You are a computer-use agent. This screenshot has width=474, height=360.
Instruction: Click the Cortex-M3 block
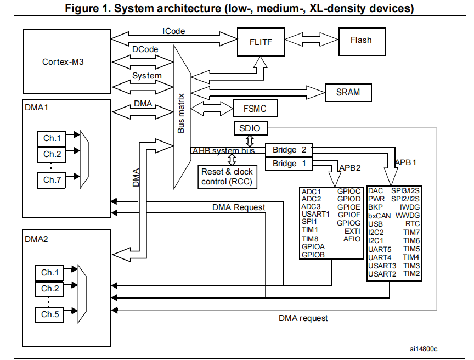(x=63, y=61)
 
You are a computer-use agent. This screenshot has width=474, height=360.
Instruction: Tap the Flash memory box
(x=360, y=40)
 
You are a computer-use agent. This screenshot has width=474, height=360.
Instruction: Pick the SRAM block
(x=348, y=92)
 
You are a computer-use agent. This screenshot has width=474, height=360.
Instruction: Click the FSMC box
(x=255, y=109)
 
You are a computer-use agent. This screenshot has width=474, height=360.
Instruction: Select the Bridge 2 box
(x=289, y=150)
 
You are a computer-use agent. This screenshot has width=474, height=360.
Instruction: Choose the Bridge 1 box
(x=289, y=164)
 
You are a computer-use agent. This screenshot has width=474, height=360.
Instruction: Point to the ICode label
(x=173, y=31)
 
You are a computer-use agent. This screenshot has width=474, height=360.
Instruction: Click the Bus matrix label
(x=181, y=113)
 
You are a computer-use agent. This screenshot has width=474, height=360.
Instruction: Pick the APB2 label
(x=349, y=167)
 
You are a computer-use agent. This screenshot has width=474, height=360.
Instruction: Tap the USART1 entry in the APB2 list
(x=315, y=214)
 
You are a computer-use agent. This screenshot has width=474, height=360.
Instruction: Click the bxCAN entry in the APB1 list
(x=380, y=216)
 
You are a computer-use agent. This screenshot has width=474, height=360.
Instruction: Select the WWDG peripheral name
(x=407, y=216)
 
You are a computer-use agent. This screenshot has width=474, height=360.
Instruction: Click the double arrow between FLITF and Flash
(x=310, y=41)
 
